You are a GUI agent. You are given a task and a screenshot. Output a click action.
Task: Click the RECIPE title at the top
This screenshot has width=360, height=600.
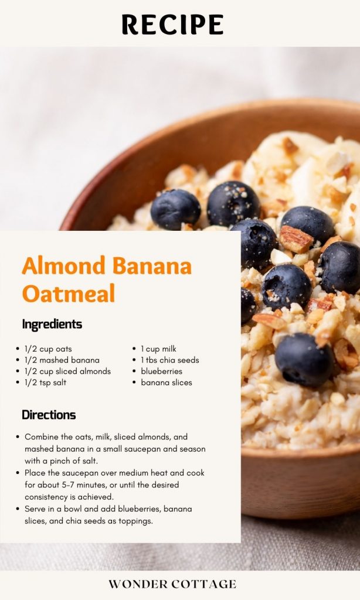coord(172,25)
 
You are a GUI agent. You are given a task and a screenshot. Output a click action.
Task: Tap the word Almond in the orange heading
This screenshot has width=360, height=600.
coord(63,265)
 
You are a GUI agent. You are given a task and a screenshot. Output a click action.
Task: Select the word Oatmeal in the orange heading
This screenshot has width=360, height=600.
coord(69,294)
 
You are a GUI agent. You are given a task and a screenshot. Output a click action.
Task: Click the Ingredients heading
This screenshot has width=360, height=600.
coord(52,324)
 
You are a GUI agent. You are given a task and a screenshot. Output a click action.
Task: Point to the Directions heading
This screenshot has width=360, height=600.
coord(49,415)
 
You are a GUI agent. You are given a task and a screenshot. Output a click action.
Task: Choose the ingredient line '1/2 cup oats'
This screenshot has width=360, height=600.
coord(48,349)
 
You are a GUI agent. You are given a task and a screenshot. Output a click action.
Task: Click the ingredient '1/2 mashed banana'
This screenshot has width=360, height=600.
coord(62,360)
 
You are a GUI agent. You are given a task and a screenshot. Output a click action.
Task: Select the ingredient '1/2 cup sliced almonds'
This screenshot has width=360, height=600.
coord(68,371)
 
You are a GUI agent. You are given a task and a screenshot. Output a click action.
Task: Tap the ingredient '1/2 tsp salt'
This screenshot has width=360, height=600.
coord(46,382)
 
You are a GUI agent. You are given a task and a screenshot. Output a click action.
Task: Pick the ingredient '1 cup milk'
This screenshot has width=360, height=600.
coord(158,349)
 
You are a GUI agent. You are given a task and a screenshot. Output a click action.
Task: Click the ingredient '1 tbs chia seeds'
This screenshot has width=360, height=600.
coord(169,360)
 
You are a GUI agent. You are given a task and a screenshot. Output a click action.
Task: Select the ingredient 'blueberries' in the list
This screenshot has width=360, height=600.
coord(162,371)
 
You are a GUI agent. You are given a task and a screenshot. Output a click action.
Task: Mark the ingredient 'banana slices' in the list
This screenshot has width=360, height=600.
coord(167,382)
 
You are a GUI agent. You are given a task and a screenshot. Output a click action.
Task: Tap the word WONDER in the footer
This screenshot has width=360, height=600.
coord(138,584)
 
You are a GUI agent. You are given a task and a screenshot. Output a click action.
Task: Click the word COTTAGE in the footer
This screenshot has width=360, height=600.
coord(203,584)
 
